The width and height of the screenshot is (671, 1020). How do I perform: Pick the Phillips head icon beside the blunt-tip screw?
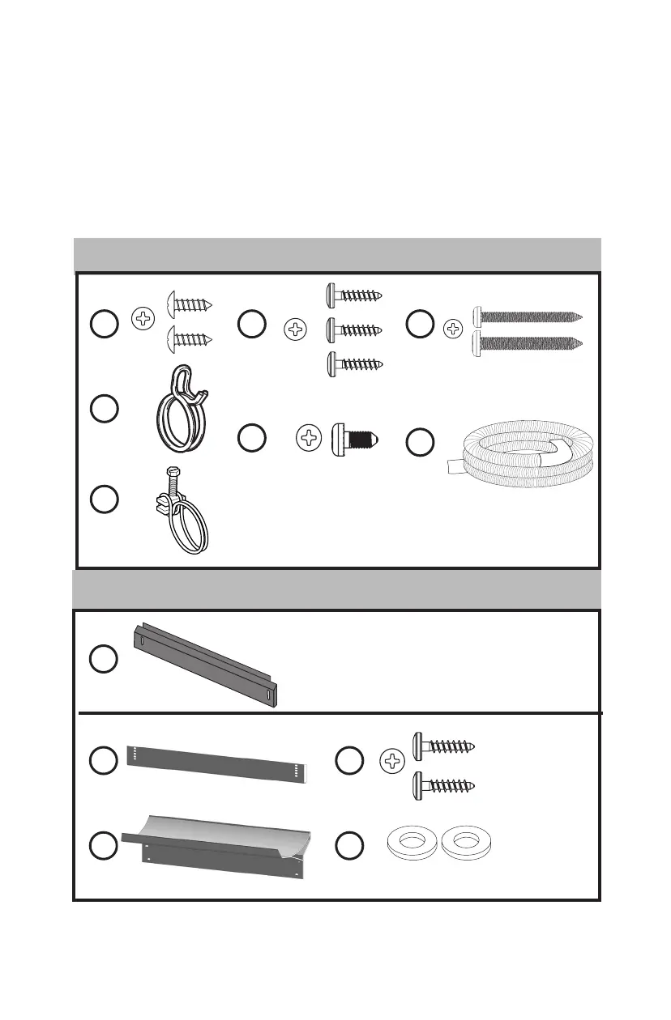tap(308, 440)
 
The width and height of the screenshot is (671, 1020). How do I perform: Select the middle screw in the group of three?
tap(353, 329)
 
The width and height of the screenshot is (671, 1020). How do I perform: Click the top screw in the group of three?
tap(353, 295)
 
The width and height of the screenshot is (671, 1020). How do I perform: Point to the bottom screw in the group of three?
tap(353, 363)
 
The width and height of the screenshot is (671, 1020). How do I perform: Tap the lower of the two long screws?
tap(527, 342)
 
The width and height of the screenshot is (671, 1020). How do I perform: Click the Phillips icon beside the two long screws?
tap(455, 329)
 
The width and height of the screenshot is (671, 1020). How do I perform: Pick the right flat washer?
tap(466, 843)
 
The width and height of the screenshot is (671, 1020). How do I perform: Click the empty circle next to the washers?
tap(349, 847)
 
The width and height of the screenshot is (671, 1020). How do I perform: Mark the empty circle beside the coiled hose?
tap(420, 443)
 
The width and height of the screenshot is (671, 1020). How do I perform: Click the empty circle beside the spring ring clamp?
tap(104, 409)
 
